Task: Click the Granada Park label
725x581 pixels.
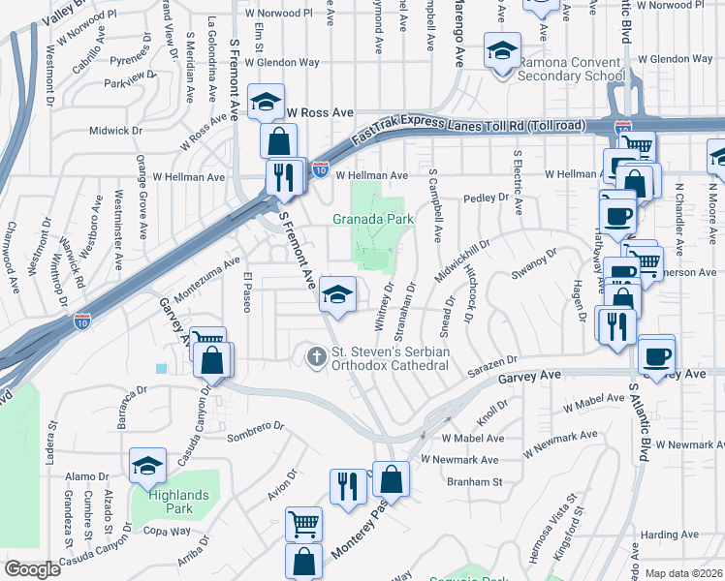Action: (x=374, y=219)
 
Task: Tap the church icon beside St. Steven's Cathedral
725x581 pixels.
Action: (x=315, y=357)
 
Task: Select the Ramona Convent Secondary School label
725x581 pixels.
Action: (x=570, y=76)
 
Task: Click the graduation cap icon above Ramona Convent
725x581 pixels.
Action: (x=501, y=51)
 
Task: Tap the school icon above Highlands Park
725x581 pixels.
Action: (x=147, y=466)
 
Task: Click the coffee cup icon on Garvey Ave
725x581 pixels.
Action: (x=657, y=353)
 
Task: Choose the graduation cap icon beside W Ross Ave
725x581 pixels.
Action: (x=265, y=101)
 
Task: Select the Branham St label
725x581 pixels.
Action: (x=475, y=481)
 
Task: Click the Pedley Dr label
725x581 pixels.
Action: (x=486, y=198)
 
